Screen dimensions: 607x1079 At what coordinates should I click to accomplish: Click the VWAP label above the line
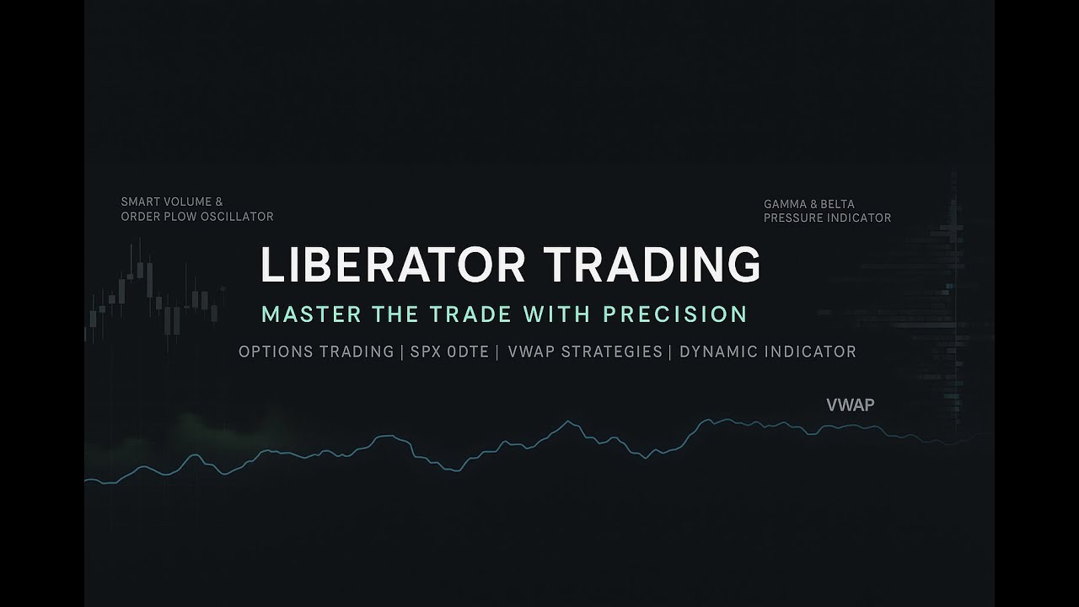coord(851,405)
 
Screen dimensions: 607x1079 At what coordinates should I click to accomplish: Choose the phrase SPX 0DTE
coord(449,352)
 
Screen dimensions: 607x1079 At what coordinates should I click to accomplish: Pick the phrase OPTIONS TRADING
coord(316,352)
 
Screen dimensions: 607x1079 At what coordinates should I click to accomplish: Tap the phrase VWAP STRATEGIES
coord(585,352)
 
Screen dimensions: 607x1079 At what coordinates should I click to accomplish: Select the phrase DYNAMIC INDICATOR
coord(767,352)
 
